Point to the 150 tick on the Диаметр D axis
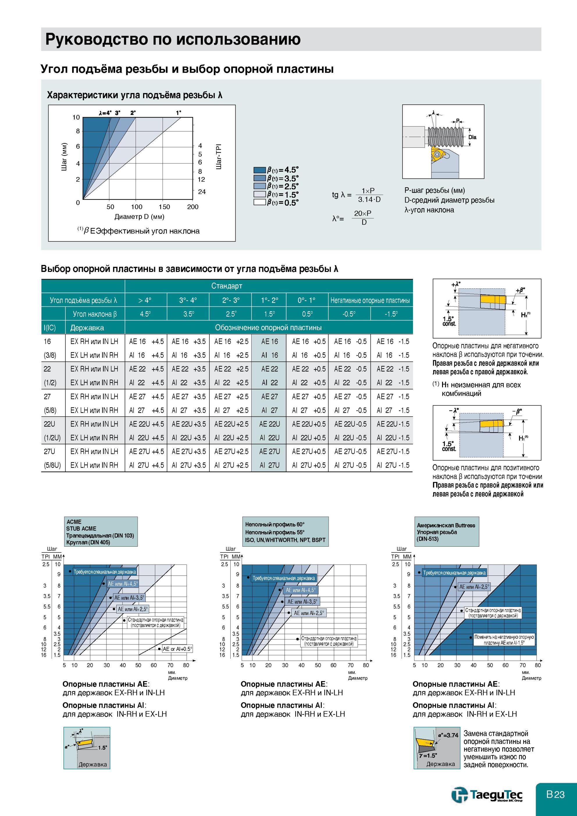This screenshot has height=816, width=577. (164, 207)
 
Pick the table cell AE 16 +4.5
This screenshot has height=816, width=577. (146, 341)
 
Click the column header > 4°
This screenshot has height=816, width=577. (145, 300)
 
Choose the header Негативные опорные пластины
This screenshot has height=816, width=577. (370, 300)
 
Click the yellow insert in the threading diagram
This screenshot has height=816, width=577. (437, 156)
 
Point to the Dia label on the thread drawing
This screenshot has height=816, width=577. (472, 137)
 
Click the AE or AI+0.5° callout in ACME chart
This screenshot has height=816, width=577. (177, 649)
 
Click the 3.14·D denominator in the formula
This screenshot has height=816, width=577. (369, 199)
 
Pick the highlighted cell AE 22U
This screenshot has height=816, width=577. (270, 424)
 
